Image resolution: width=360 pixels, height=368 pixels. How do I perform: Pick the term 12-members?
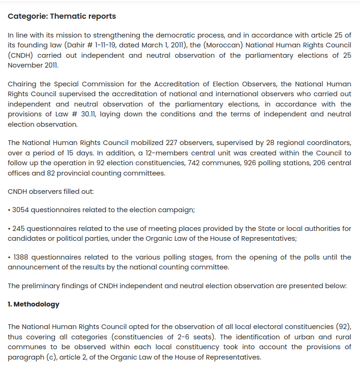click(153, 153)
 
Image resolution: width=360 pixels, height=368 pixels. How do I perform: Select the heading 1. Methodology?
click(33, 304)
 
